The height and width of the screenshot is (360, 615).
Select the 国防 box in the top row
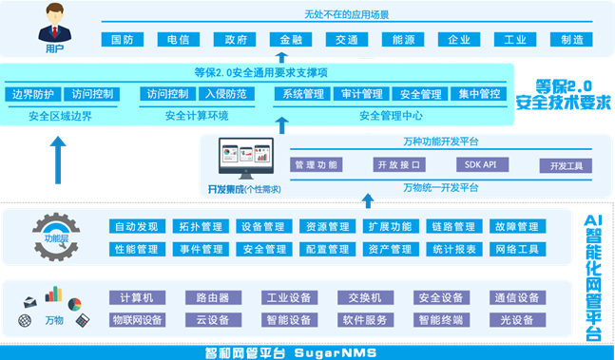122,41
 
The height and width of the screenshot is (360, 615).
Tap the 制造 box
571,41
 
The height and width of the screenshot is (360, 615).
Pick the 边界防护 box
32,94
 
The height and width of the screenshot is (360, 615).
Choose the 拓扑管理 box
199,227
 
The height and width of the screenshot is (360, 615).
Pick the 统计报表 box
453,249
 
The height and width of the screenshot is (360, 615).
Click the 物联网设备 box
138,319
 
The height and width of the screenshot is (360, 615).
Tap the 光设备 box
516,319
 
